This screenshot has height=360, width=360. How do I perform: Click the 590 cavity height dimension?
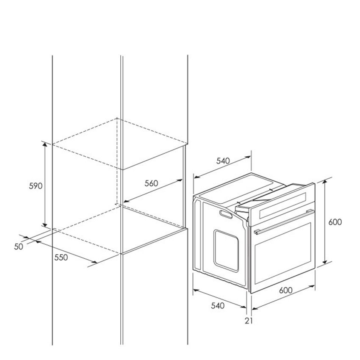(36, 186)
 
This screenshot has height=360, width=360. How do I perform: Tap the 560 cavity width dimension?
(151, 183)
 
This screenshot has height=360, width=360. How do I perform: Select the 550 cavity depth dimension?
(61, 258)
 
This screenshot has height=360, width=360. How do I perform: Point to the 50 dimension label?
(19, 246)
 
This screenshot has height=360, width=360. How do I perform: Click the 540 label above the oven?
(223, 161)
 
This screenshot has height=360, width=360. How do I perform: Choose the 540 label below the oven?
(218, 306)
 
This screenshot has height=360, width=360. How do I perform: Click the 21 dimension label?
(249, 321)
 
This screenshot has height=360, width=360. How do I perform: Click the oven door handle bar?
(284, 222)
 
